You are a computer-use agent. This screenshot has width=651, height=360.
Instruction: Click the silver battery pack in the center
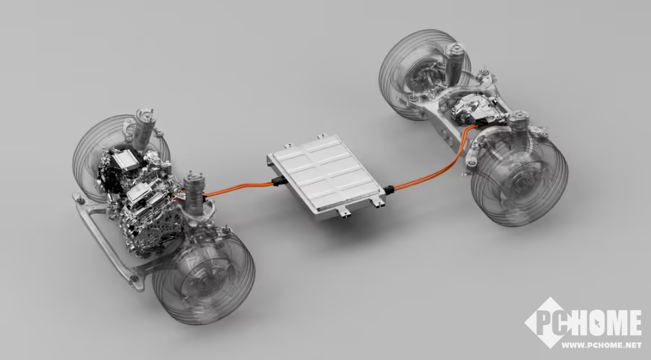point(326,176)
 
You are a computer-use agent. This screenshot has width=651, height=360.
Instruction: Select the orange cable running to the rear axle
point(436,166)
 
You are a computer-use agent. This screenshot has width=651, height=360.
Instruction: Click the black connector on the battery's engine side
point(278,181)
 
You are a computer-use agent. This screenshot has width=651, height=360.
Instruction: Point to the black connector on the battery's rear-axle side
point(389,190)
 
